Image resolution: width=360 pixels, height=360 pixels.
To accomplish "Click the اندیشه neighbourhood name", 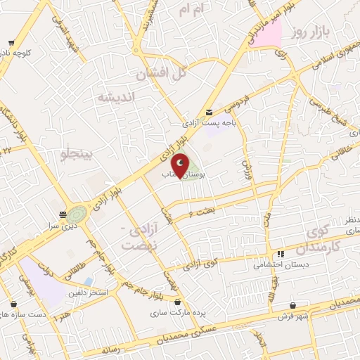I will tap(114, 96).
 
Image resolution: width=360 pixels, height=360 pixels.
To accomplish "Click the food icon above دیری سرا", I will tap(64, 214).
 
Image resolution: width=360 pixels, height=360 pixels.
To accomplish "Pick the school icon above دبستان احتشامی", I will tap(281, 254).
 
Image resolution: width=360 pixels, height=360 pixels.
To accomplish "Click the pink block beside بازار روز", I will tap(270, 33).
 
